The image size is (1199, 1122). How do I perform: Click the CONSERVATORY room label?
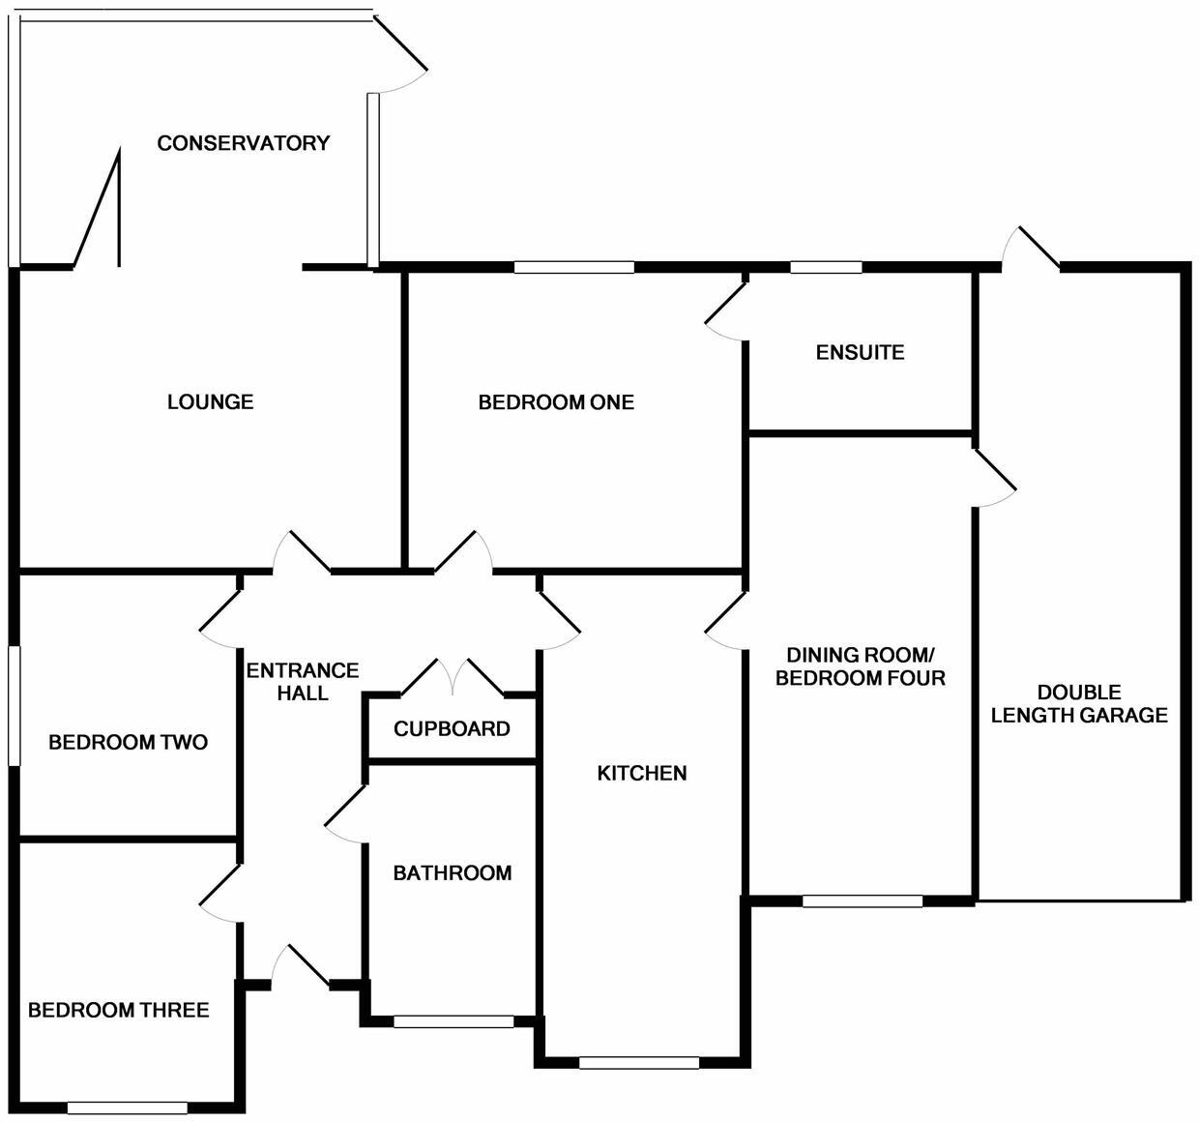pyautogui.click(x=244, y=143)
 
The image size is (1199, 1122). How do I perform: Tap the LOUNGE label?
pyautogui.click(x=210, y=401)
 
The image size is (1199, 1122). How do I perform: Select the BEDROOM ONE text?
pyautogui.click(x=556, y=402)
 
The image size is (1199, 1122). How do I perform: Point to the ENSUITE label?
pyautogui.click(x=860, y=352)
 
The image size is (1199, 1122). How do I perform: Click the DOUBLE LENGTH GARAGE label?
pyautogui.click(x=1079, y=704)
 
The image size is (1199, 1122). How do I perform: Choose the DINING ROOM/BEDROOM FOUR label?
pyautogui.click(x=860, y=666)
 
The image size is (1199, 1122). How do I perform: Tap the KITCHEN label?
pyautogui.click(x=642, y=773)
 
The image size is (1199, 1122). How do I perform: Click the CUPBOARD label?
pyautogui.click(x=452, y=728)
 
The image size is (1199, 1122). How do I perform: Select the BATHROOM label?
pyautogui.click(x=452, y=873)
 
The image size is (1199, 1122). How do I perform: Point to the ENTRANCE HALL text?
pyautogui.click(x=303, y=682)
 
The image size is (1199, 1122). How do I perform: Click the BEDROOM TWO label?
pyautogui.click(x=128, y=743)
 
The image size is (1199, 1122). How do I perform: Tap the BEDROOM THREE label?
pyautogui.click(x=118, y=1011)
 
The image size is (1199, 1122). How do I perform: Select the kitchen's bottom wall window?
pyautogui.click(x=639, y=1062)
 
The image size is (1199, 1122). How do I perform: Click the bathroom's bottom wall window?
pyautogui.click(x=453, y=1020)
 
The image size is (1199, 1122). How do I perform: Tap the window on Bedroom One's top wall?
pyautogui.click(x=573, y=267)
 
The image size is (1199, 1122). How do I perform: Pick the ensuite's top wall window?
pyautogui.click(x=826, y=267)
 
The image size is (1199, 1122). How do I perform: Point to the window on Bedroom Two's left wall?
pyautogui.click(x=14, y=706)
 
